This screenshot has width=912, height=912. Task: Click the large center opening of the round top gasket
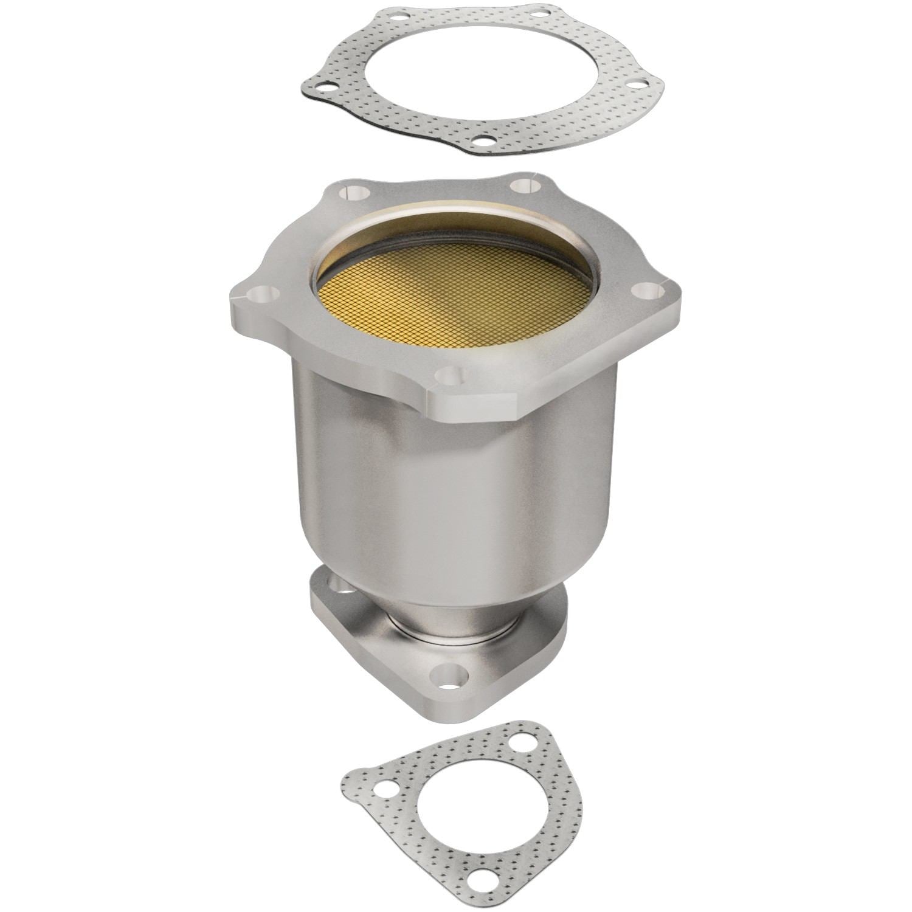[x=480, y=73]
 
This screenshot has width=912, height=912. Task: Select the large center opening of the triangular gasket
[x=462, y=809]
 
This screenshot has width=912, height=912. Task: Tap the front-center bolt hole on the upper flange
[x=448, y=375]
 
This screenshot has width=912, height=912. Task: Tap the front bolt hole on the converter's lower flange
[x=450, y=678]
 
